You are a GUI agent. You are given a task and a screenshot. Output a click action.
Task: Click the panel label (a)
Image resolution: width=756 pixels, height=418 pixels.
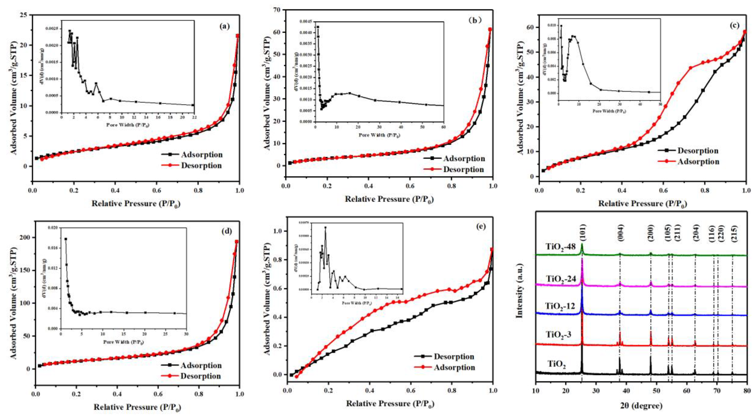point(224,26)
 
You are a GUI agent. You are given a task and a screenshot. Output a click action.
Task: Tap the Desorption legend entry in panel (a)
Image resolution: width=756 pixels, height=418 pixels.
point(201,166)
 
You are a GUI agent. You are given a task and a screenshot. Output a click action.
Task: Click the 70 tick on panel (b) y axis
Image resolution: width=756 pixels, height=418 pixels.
point(277,10)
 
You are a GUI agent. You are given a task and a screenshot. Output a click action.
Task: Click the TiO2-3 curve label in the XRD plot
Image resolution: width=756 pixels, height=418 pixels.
point(558,334)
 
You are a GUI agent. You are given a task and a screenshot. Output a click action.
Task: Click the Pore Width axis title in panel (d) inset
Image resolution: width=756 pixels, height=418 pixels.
point(123,342)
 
